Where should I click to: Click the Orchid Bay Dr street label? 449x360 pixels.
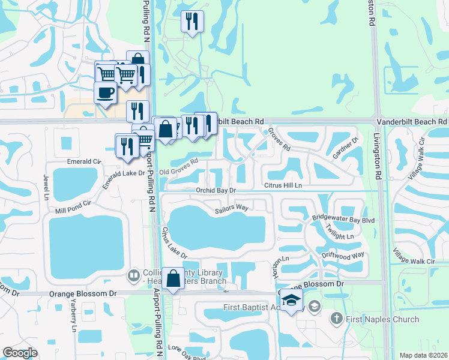point(217,190)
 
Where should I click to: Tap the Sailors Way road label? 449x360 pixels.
point(232,208)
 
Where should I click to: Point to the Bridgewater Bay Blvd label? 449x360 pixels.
point(343,220)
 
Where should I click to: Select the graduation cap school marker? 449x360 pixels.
point(291,301)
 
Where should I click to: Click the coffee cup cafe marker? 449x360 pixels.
point(106,94)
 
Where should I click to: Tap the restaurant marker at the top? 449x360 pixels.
point(192,22)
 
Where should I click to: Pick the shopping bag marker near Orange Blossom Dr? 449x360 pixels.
point(173,279)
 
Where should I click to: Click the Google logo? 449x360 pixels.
point(20,353)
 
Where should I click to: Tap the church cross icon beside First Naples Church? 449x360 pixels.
point(337,318)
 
